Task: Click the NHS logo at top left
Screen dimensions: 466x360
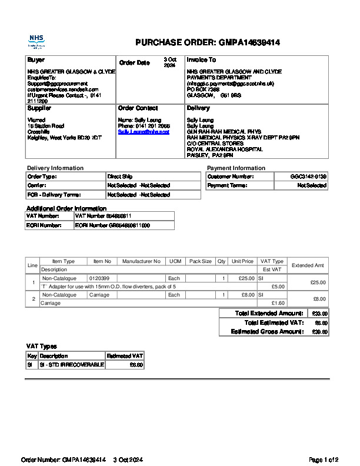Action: coord(36,41)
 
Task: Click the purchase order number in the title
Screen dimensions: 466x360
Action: coord(249,43)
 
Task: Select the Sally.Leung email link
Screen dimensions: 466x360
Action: coord(144,132)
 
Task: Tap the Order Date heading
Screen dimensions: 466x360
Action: coord(134,63)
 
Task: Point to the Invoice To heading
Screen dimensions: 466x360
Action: coord(201,60)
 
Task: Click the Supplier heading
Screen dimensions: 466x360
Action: coord(39,108)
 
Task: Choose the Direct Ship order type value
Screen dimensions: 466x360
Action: coord(120,177)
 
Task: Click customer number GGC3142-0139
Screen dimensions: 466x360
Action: coord(309,177)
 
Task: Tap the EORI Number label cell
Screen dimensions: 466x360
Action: coord(45,225)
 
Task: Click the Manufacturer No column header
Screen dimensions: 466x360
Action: coord(141,261)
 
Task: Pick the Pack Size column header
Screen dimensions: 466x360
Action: coord(200,261)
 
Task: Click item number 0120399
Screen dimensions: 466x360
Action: coord(99,278)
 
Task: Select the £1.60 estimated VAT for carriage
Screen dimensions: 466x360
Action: coord(278,303)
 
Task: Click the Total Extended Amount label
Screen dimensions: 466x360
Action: coord(269,314)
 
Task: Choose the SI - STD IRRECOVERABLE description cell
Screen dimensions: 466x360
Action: coord(71,365)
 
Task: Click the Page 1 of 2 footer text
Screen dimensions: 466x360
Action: coord(324,460)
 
